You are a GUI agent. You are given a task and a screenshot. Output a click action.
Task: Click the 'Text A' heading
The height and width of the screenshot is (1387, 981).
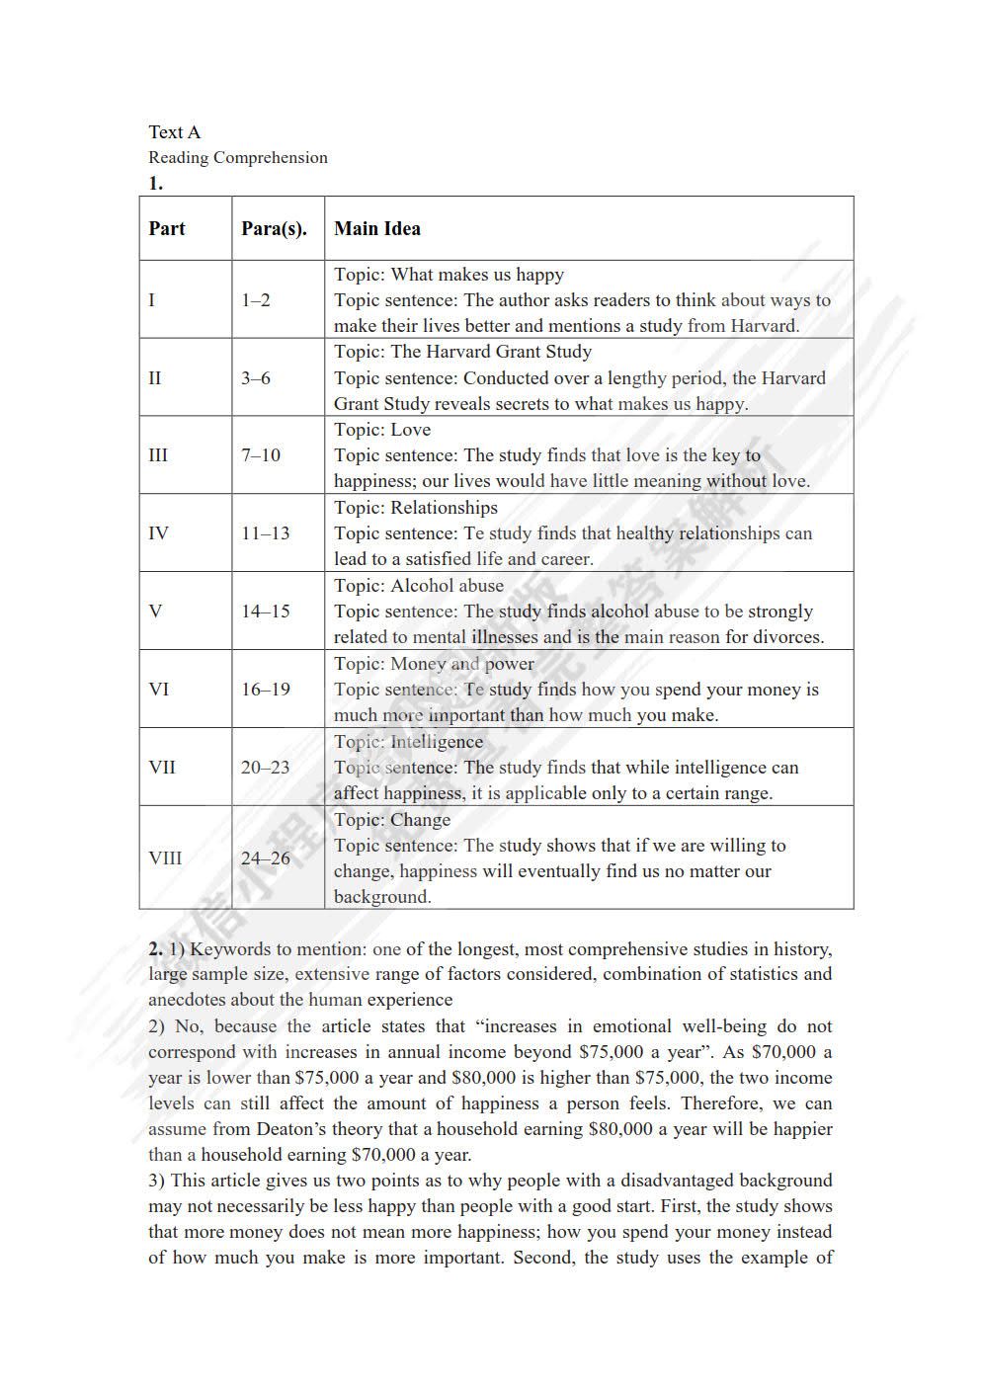pyautogui.click(x=174, y=132)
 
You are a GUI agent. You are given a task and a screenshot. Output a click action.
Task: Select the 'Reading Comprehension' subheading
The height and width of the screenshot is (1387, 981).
pyautogui.click(x=237, y=158)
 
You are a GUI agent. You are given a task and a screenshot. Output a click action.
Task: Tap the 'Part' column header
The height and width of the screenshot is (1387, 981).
pyautogui.click(x=167, y=229)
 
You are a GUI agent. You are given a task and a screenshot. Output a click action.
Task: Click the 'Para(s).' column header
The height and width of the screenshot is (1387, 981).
pyautogui.click(x=274, y=229)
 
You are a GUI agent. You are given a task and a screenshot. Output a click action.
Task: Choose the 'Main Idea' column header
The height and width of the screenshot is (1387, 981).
pyautogui.click(x=376, y=229)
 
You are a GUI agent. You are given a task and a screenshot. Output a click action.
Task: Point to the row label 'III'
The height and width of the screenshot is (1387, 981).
pyautogui.click(x=158, y=455)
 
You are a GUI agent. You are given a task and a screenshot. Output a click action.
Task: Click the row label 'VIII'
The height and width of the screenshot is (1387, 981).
pyautogui.click(x=165, y=857)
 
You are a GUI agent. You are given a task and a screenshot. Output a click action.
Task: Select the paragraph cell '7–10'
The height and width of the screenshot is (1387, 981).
pyautogui.click(x=261, y=455)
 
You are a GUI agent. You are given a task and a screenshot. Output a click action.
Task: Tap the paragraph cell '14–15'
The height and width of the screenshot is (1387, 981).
pyautogui.click(x=265, y=612)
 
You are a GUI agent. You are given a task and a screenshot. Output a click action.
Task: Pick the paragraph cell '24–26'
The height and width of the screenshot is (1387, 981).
pyautogui.click(x=265, y=857)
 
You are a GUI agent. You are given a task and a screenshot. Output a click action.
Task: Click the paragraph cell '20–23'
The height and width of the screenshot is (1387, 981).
pyautogui.click(x=265, y=768)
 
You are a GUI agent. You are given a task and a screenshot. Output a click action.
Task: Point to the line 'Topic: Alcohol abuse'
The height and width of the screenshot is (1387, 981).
pyautogui.click(x=418, y=586)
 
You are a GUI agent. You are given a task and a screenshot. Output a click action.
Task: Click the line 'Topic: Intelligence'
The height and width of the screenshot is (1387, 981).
pyautogui.click(x=408, y=742)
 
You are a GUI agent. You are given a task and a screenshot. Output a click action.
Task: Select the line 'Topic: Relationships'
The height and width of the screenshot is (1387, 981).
pyautogui.click(x=415, y=508)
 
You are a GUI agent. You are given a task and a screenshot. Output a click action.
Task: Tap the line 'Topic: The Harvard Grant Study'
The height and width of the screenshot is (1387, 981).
pyautogui.click(x=462, y=352)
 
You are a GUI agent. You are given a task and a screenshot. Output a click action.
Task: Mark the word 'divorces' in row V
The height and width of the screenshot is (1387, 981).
pyautogui.click(x=787, y=637)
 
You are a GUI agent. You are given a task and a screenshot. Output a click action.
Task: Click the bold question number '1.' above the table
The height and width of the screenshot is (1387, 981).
pyautogui.click(x=156, y=183)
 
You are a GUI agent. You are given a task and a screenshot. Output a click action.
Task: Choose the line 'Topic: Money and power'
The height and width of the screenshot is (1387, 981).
pyautogui.click(x=434, y=664)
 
